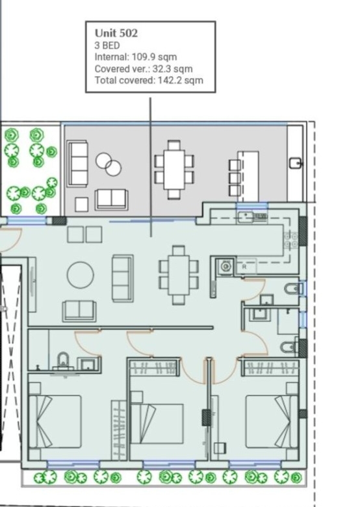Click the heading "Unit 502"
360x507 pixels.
point(116,33)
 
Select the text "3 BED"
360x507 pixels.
point(107,45)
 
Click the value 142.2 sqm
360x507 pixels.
point(181,80)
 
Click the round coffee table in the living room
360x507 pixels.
point(81,275)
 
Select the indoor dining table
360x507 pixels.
point(179,275)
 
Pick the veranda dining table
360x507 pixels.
point(174,170)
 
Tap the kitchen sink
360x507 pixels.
point(252,216)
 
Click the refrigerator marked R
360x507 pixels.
point(246,266)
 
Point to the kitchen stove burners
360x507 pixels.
point(290,241)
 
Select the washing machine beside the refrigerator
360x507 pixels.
point(225,266)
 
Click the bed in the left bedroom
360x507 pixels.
point(55,421)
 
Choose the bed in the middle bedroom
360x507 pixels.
point(157,424)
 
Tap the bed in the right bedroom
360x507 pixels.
point(272,421)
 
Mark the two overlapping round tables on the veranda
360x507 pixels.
point(109,164)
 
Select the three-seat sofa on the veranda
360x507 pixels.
point(78,163)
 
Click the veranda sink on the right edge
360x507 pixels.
point(296,163)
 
